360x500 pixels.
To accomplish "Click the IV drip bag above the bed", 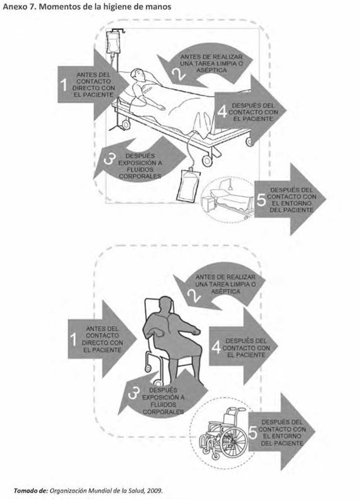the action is pos(114,42).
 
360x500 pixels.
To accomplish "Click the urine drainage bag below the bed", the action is pos(188,186).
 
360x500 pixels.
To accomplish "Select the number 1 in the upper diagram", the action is pos(64,85).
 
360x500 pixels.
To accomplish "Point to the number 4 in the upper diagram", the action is pos(222,112).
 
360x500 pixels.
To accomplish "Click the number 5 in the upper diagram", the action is pos(261,200).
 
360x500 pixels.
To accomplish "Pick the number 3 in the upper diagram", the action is pos(109,159).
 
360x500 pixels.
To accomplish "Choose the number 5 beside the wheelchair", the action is pos(253,433).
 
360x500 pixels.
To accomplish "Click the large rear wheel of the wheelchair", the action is pos(234,442).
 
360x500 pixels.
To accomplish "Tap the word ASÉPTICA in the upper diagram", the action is pos(212,70).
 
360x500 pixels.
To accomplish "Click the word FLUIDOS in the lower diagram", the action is pos(164,405).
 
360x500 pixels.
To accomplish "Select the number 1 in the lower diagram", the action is pos(74,339).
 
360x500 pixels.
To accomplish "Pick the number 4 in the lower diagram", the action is pos(217,347).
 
